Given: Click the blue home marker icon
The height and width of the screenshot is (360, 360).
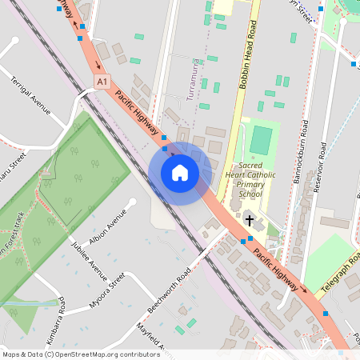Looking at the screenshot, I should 180,172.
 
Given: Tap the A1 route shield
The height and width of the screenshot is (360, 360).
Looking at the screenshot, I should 101,82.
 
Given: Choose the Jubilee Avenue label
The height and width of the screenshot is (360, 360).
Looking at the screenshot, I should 90,260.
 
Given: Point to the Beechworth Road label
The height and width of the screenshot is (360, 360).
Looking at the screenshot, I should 169,290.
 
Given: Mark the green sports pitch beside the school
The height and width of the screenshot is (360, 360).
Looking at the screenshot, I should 261,140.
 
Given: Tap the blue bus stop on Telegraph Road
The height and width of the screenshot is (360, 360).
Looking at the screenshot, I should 326,313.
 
